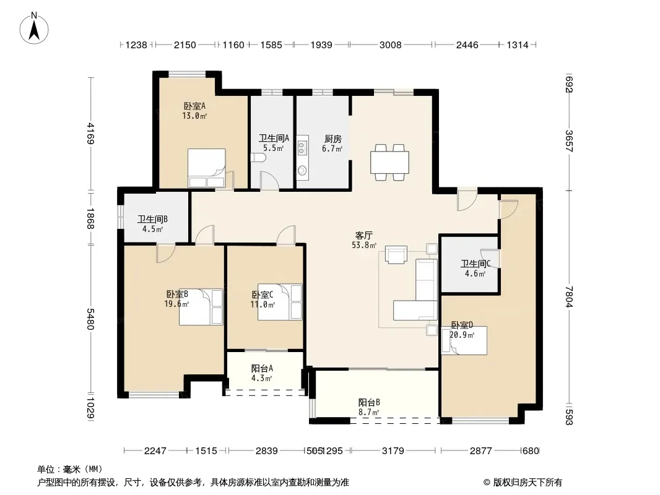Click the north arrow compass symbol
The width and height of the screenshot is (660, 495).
click(x=34, y=28)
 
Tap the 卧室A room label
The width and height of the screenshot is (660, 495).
click(x=194, y=106)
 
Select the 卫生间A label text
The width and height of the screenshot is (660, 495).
click(x=274, y=139)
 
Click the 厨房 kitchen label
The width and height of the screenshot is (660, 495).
click(x=333, y=139)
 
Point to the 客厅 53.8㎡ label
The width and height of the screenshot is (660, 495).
click(x=364, y=240)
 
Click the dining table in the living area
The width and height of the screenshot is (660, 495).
click(x=390, y=162)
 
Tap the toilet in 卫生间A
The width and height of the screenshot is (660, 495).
click(x=258, y=158)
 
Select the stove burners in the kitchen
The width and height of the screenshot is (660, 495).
click(x=302, y=147)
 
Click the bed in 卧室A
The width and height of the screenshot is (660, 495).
click(x=207, y=168)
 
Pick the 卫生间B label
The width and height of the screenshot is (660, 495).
click(x=153, y=219)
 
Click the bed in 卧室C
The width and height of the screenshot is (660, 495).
click(x=280, y=302)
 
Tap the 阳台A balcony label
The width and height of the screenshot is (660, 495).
click(x=263, y=368)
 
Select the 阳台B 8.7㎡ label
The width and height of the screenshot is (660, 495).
click(x=369, y=407)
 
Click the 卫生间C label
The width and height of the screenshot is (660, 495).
click(x=475, y=264)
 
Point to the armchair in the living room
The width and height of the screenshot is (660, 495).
click(x=396, y=255)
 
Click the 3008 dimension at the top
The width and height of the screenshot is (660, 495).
click(x=391, y=45)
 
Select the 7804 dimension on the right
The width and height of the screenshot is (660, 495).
click(x=569, y=296)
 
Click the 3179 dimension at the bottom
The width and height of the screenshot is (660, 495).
click(x=393, y=451)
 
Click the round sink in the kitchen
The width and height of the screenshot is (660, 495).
click(x=302, y=170)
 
